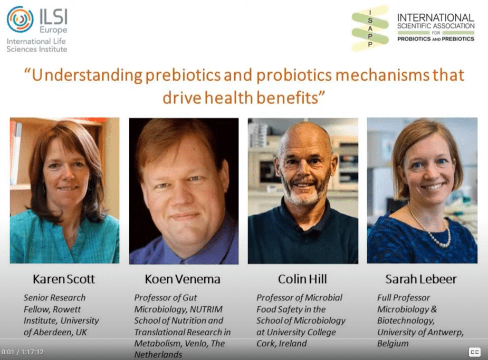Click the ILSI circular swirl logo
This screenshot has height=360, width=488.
coord(20,20)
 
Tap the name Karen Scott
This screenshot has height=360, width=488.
coord(64,279)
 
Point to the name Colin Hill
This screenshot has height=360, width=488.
coord(302,279)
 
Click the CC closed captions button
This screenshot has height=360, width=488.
coord(475,352)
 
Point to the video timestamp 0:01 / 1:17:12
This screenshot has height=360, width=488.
coord(23,352)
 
